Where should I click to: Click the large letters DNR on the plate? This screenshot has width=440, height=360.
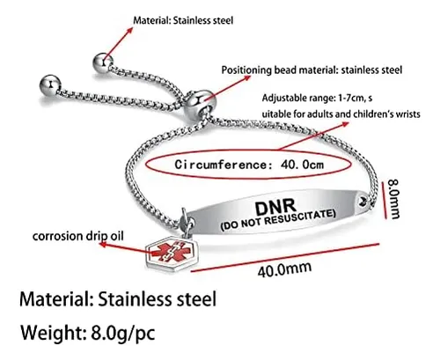(x=275, y=206)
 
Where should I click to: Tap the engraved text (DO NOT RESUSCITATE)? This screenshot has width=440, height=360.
(x=278, y=219)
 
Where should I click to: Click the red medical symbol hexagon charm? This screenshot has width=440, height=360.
(x=172, y=253)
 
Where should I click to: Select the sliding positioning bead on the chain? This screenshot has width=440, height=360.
(x=200, y=103)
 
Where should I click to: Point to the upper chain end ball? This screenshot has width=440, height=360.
(x=103, y=62)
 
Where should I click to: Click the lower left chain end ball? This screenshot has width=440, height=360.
(x=50, y=85)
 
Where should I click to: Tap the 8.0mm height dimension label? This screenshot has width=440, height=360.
(x=394, y=199)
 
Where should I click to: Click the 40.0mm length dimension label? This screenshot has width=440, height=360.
(x=284, y=269)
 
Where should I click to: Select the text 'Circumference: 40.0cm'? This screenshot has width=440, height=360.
(x=249, y=165)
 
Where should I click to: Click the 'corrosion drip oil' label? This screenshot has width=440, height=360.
(x=78, y=236)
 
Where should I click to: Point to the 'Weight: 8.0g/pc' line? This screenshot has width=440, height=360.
(x=88, y=333)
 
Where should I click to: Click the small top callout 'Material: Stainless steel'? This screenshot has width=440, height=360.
(x=183, y=20)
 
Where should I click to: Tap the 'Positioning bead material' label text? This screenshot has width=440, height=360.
(x=312, y=70)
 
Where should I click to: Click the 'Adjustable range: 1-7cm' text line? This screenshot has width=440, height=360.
(x=317, y=98)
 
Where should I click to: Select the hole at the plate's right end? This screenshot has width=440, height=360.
(x=363, y=201)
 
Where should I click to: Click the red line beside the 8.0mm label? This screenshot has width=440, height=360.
(x=384, y=201)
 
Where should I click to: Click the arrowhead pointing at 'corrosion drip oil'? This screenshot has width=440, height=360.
(x=103, y=244)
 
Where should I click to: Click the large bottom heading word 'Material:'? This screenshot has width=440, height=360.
(x=56, y=299)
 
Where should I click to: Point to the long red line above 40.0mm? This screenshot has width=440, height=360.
(x=285, y=257)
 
